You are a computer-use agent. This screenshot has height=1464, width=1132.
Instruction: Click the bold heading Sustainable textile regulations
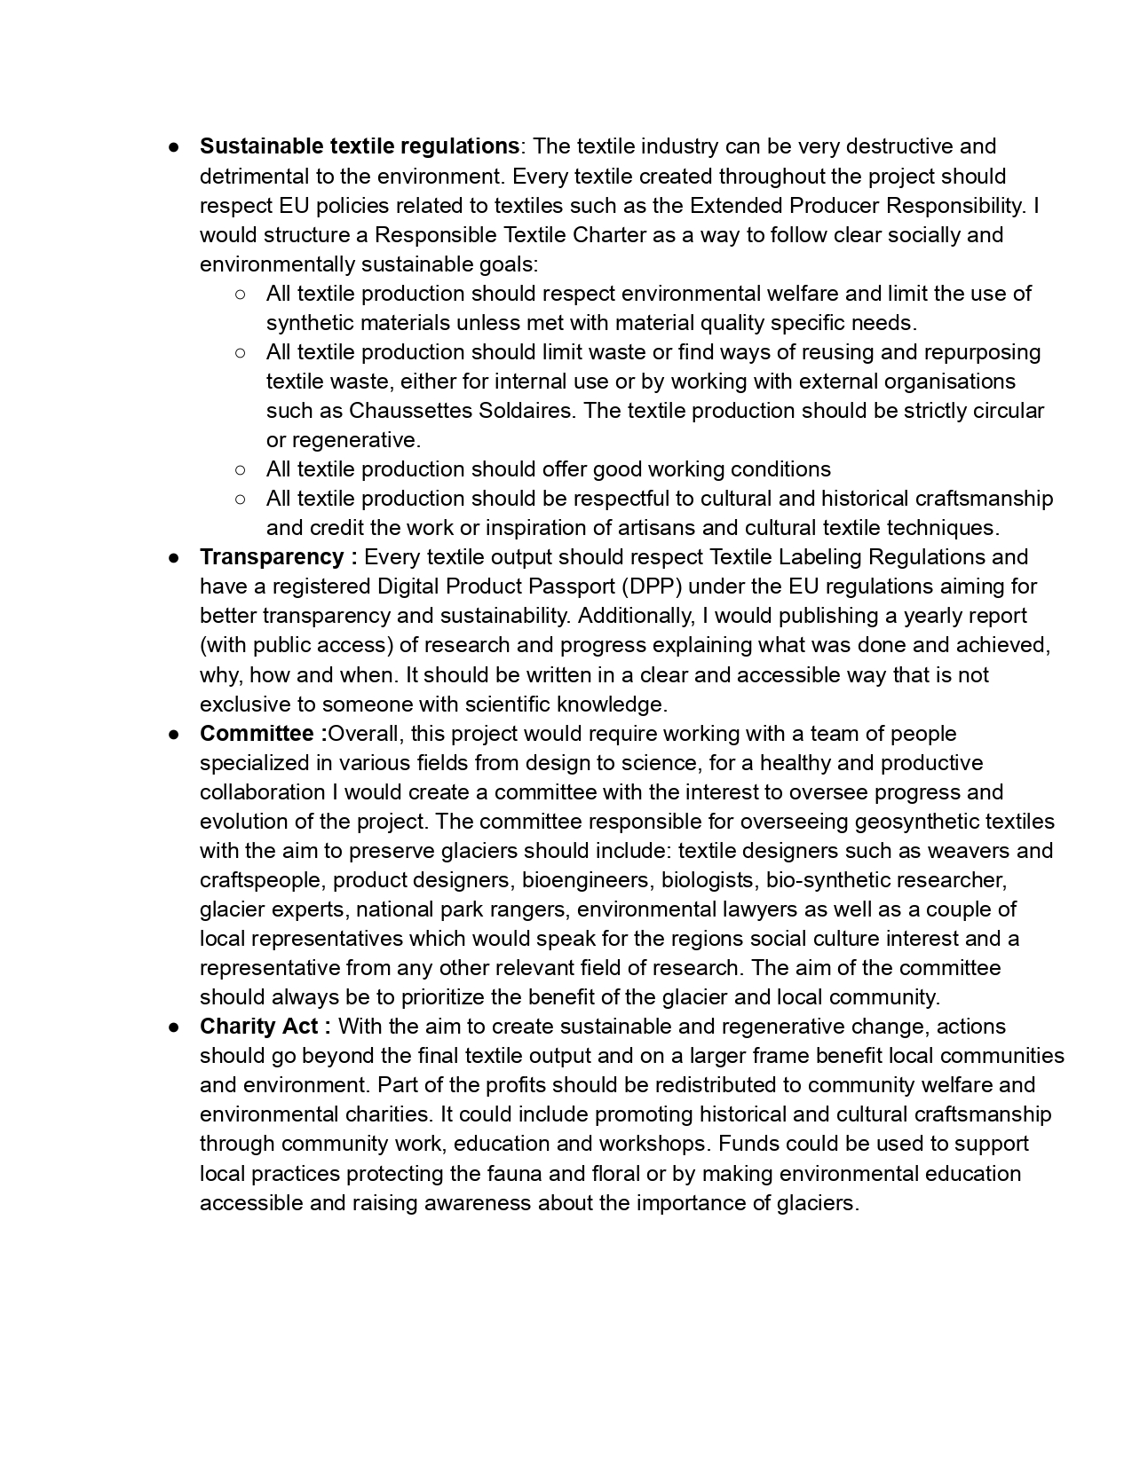click(359, 146)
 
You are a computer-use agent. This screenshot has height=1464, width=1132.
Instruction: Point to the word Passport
click(574, 586)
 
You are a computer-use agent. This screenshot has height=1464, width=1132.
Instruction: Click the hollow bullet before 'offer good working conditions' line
click(241, 469)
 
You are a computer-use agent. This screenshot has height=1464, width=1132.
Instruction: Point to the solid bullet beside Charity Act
click(174, 1027)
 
